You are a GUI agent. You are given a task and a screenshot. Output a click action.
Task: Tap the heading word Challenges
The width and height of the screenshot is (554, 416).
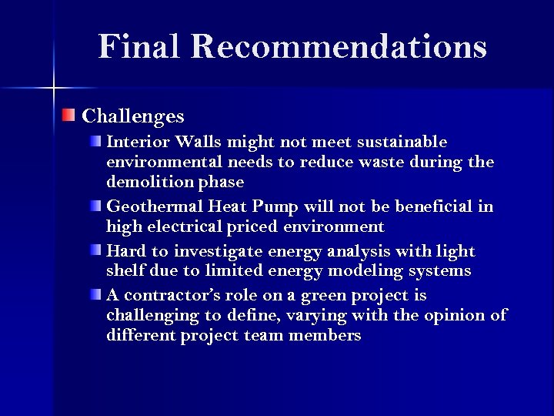click(x=133, y=116)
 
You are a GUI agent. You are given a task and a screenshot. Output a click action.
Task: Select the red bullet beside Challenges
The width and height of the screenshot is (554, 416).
click(x=69, y=116)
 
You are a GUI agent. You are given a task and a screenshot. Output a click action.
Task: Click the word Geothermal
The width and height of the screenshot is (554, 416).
click(x=150, y=207)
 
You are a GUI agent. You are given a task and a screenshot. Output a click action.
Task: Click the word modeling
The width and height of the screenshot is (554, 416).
click(x=342, y=271)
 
